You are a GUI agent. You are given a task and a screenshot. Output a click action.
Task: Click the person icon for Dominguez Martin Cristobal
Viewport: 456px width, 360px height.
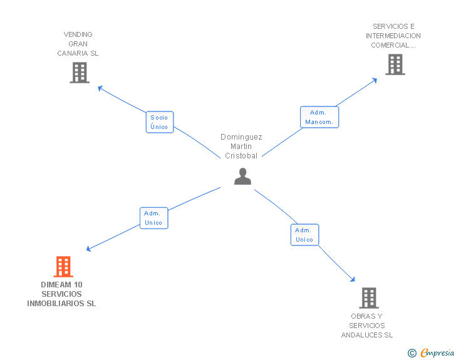(242, 176)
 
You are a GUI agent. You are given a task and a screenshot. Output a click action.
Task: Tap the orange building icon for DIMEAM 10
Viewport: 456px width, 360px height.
(63, 266)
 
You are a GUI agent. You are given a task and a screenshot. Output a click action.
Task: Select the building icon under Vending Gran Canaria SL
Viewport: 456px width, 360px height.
(80, 73)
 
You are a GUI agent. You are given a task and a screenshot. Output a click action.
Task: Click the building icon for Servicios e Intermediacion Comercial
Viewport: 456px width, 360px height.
(395, 64)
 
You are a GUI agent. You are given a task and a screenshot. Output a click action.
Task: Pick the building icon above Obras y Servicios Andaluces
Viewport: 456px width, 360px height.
(369, 298)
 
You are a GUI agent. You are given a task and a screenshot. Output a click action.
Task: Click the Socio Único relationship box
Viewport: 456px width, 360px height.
(159, 122)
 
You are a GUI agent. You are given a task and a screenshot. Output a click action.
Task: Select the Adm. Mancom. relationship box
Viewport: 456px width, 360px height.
(319, 117)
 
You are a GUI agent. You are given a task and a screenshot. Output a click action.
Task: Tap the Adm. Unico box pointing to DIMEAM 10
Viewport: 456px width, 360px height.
(154, 218)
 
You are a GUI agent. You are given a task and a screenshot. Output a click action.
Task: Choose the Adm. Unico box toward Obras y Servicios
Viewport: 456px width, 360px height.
(304, 235)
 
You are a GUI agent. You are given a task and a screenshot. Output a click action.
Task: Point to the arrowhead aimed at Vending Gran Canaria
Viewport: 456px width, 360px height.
(100, 88)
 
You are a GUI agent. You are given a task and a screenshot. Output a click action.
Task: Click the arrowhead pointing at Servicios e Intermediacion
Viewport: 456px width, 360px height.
(375, 80)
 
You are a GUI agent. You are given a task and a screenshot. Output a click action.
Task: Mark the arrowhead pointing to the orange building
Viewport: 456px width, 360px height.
(89, 249)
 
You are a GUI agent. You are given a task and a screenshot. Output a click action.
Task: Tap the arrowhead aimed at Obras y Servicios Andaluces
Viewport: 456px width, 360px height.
(353, 279)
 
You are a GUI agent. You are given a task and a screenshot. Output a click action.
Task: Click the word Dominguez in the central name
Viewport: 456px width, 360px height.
(241, 137)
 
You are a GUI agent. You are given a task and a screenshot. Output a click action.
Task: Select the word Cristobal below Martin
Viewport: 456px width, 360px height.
(241, 156)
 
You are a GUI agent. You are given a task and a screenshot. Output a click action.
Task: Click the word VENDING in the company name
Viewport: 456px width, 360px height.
(78, 34)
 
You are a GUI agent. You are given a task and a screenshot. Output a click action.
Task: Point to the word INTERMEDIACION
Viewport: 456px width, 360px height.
(393, 36)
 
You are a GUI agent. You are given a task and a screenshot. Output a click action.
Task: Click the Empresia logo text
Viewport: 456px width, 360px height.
(437, 352)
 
